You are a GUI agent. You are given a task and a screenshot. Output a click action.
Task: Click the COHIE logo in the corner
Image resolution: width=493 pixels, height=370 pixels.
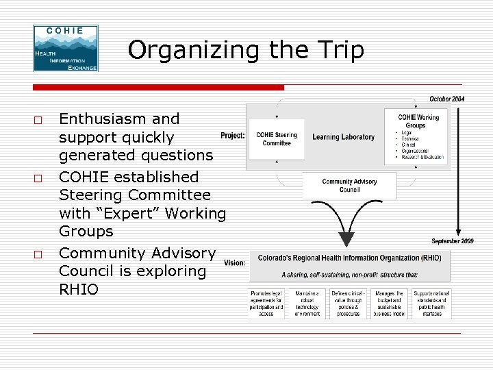(66, 49)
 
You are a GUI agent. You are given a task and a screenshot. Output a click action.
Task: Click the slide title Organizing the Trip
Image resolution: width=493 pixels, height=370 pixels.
(246, 50)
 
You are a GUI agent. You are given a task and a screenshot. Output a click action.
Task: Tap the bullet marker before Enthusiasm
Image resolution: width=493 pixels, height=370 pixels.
(38, 120)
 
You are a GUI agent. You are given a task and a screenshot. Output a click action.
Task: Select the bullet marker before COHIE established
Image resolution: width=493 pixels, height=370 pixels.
(38, 178)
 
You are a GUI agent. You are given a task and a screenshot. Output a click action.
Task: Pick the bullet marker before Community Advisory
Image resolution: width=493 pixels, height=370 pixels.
(38, 254)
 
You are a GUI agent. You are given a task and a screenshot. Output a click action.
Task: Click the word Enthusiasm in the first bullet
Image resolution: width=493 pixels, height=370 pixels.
(119, 119)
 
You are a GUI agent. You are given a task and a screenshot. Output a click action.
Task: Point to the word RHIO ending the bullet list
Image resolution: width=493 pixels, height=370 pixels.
(79, 290)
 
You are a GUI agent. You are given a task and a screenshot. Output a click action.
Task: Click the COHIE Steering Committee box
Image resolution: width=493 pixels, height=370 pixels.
(277, 139)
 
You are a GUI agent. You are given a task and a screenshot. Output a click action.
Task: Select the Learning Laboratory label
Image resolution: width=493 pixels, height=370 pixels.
(344, 137)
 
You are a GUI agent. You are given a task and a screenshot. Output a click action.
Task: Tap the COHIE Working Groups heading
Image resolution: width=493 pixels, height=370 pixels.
(418, 121)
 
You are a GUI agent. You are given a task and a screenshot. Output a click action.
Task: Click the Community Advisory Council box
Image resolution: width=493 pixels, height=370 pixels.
(349, 185)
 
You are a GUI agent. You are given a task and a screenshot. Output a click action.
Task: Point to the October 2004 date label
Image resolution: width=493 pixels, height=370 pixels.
(446, 99)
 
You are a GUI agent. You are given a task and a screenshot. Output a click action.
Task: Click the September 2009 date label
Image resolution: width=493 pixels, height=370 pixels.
(452, 241)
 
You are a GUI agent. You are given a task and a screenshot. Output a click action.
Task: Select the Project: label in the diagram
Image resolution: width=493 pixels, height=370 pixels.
(233, 136)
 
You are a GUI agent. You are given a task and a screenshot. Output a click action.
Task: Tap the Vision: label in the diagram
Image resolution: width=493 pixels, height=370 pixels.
(234, 262)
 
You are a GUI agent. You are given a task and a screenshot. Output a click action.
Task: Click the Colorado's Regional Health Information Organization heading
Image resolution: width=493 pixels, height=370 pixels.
(349, 258)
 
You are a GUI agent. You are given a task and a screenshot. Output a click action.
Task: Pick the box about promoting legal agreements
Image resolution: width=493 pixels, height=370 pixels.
(266, 304)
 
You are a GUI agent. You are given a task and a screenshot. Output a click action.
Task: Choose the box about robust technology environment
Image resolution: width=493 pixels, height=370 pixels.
(307, 304)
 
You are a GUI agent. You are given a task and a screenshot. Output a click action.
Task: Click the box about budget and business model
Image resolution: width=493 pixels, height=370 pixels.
(389, 304)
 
